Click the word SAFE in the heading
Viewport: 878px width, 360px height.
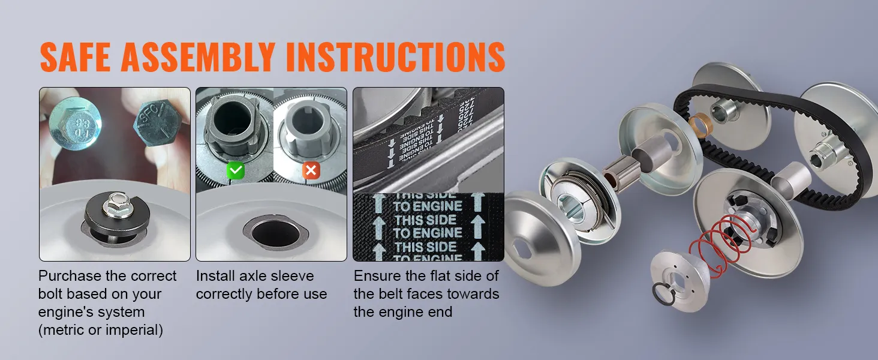[x=75, y=57]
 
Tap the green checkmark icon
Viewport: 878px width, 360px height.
[x=236, y=171]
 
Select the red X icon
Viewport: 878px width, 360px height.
[x=311, y=171]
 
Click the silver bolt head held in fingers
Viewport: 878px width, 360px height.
[x=76, y=124]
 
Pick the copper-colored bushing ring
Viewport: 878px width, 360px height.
[x=699, y=124]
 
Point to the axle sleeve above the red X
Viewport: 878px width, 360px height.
[x=309, y=129]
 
